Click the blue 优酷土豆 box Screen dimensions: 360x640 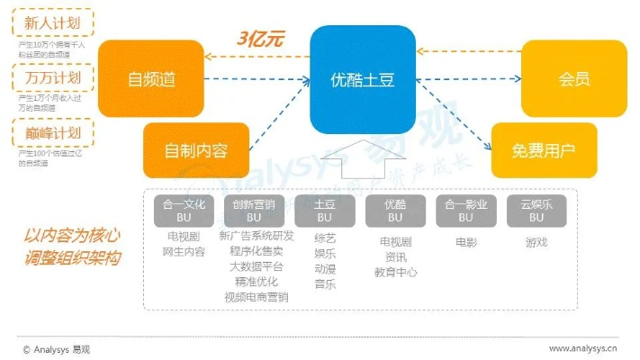pos(363,79)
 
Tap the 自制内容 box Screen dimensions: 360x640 pos(195,150)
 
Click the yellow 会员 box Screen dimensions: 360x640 pos(574,79)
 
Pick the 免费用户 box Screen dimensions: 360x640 pos(545,150)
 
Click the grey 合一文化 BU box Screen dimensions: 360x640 pos(180,211)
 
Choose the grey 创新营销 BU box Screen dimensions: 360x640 pos(253,211)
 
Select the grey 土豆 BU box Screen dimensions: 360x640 pos(325,211)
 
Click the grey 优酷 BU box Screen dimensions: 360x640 pos(395,211)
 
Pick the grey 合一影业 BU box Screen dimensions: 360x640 pos(465,211)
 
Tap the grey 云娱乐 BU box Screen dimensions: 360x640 pos(536,211)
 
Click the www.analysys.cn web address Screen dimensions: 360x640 pos(583,347)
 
